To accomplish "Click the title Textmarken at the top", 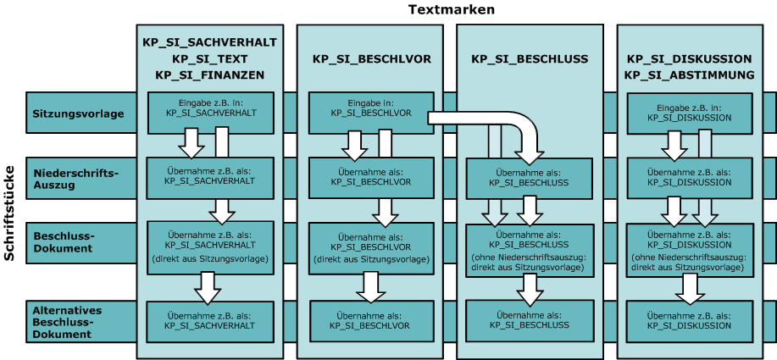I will coord(451,9).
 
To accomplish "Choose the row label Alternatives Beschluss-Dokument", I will coord(67,322).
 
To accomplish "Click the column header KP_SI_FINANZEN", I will coord(210,75).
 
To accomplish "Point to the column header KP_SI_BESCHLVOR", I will coord(372,59).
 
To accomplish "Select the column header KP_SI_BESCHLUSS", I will coord(530,59).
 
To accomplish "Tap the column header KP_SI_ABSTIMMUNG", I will coord(690,75).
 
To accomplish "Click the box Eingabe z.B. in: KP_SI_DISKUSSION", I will coord(689,112).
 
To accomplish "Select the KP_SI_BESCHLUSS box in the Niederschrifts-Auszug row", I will coord(530,179).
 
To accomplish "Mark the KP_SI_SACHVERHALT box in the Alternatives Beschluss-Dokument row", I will coord(209,320).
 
